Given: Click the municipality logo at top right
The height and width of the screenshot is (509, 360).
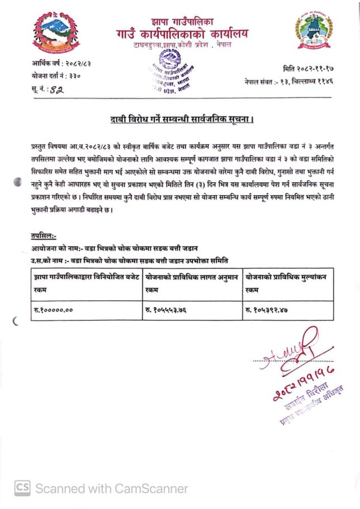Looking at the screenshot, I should click(x=312, y=32).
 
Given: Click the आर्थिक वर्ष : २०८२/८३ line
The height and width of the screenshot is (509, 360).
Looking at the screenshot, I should click(x=61, y=64).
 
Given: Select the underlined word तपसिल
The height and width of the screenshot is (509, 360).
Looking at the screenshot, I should click(x=44, y=237).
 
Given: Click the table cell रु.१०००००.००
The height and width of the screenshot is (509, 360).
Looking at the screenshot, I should click(x=54, y=309).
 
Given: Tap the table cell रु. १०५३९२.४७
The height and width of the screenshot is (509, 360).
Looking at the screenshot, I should click(x=271, y=309).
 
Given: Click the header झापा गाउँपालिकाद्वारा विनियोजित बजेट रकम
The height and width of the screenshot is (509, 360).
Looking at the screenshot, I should click(x=86, y=283).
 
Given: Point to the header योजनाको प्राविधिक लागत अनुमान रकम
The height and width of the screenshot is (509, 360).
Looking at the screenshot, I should click(x=192, y=283).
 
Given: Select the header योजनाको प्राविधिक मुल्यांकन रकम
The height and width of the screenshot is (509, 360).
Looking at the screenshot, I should click(x=286, y=283).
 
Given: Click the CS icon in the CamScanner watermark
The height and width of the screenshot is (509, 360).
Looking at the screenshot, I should click(x=22, y=488).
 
